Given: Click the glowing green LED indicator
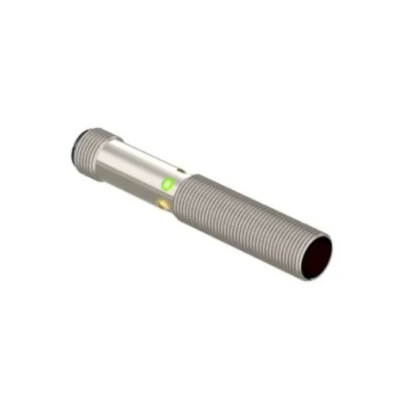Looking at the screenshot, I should pos(166,184).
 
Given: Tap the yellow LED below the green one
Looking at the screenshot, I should pos(164,204).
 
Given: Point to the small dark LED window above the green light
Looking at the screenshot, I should pos(182,169).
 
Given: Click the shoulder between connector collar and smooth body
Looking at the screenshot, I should pos(105,159).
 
